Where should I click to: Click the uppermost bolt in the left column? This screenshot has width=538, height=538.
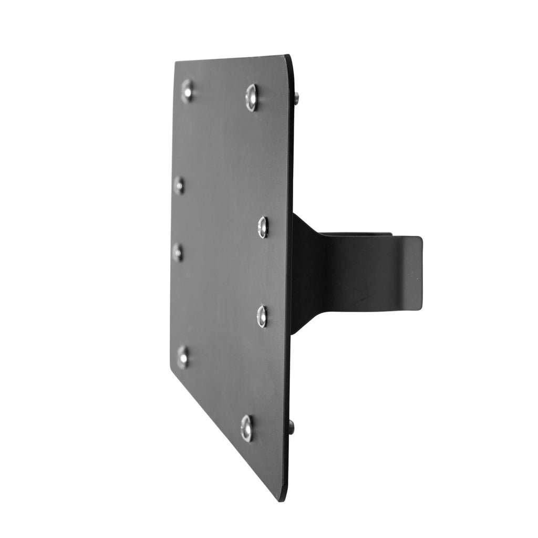click(x=187, y=90)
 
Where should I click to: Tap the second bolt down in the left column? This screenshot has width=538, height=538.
click(x=179, y=185)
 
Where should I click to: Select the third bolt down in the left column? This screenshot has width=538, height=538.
click(x=178, y=253)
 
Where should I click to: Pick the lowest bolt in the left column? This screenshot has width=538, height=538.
click(x=183, y=357)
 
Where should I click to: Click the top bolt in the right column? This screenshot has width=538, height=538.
click(x=252, y=97)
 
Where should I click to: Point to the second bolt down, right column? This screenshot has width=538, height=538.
click(x=263, y=227)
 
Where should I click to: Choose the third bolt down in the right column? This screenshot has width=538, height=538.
click(x=262, y=316)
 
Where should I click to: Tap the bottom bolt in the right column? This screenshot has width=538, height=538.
click(x=247, y=428)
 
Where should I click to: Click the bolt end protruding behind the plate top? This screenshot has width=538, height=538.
click(x=297, y=98)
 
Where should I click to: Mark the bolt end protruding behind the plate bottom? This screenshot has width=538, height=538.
click(x=292, y=427)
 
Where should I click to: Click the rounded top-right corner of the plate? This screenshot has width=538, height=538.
click(x=288, y=58)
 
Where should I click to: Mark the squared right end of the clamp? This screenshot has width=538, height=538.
click(x=419, y=273)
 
